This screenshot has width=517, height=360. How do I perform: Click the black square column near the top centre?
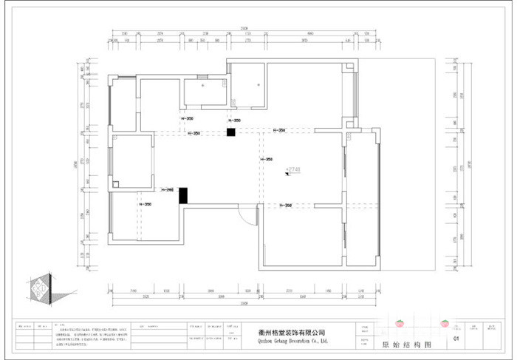click(230, 132)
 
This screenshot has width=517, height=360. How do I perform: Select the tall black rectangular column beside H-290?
click(183, 195)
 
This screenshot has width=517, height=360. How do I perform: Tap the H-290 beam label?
click(167, 190)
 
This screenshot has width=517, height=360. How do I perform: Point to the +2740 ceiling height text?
click(293, 170)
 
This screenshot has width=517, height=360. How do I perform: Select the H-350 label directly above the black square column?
click(234, 120)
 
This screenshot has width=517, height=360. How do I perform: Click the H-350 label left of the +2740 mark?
click(267, 160)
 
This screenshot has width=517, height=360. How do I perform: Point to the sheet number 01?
click(456, 339)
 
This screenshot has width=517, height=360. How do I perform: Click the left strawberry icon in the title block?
click(400, 323)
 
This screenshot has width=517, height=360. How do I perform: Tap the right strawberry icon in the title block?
click(445, 323)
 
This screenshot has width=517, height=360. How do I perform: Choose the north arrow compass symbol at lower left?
click(40, 287)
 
